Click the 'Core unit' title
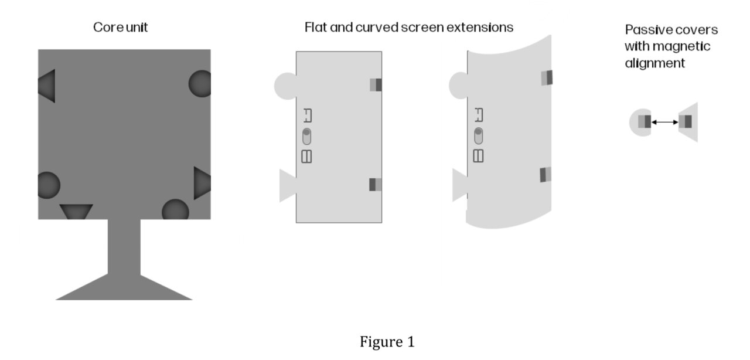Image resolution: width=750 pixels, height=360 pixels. pyautogui.click(x=120, y=28)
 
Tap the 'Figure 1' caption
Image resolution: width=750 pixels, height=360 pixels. pyautogui.click(x=387, y=342)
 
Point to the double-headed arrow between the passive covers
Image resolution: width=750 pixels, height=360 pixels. pyautogui.click(x=664, y=122)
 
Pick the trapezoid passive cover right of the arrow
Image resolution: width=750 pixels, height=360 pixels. pyautogui.click(x=688, y=122)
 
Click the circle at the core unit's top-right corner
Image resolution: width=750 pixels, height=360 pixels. pyautogui.click(x=199, y=84)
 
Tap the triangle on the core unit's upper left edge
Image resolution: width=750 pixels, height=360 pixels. pyautogui.click(x=47, y=86)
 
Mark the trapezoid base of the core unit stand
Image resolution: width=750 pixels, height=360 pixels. pyautogui.click(x=124, y=288)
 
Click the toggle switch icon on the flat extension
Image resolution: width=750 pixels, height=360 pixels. pyautogui.click(x=306, y=137)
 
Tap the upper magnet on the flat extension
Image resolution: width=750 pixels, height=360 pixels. pyautogui.click(x=376, y=85)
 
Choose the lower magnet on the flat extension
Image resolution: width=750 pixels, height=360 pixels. pyautogui.click(x=375, y=184)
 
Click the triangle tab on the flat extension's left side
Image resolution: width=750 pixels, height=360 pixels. pyautogui.click(x=288, y=185)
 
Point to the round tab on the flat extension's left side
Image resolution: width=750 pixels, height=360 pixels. pyautogui.click(x=286, y=86)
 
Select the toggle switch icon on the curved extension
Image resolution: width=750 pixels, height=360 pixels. pyautogui.click(x=479, y=136)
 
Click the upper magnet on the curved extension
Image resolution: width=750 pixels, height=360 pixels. pyautogui.click(x=546, y=77)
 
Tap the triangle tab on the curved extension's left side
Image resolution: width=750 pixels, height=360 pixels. pyautogui.click(x=460, y=185)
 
